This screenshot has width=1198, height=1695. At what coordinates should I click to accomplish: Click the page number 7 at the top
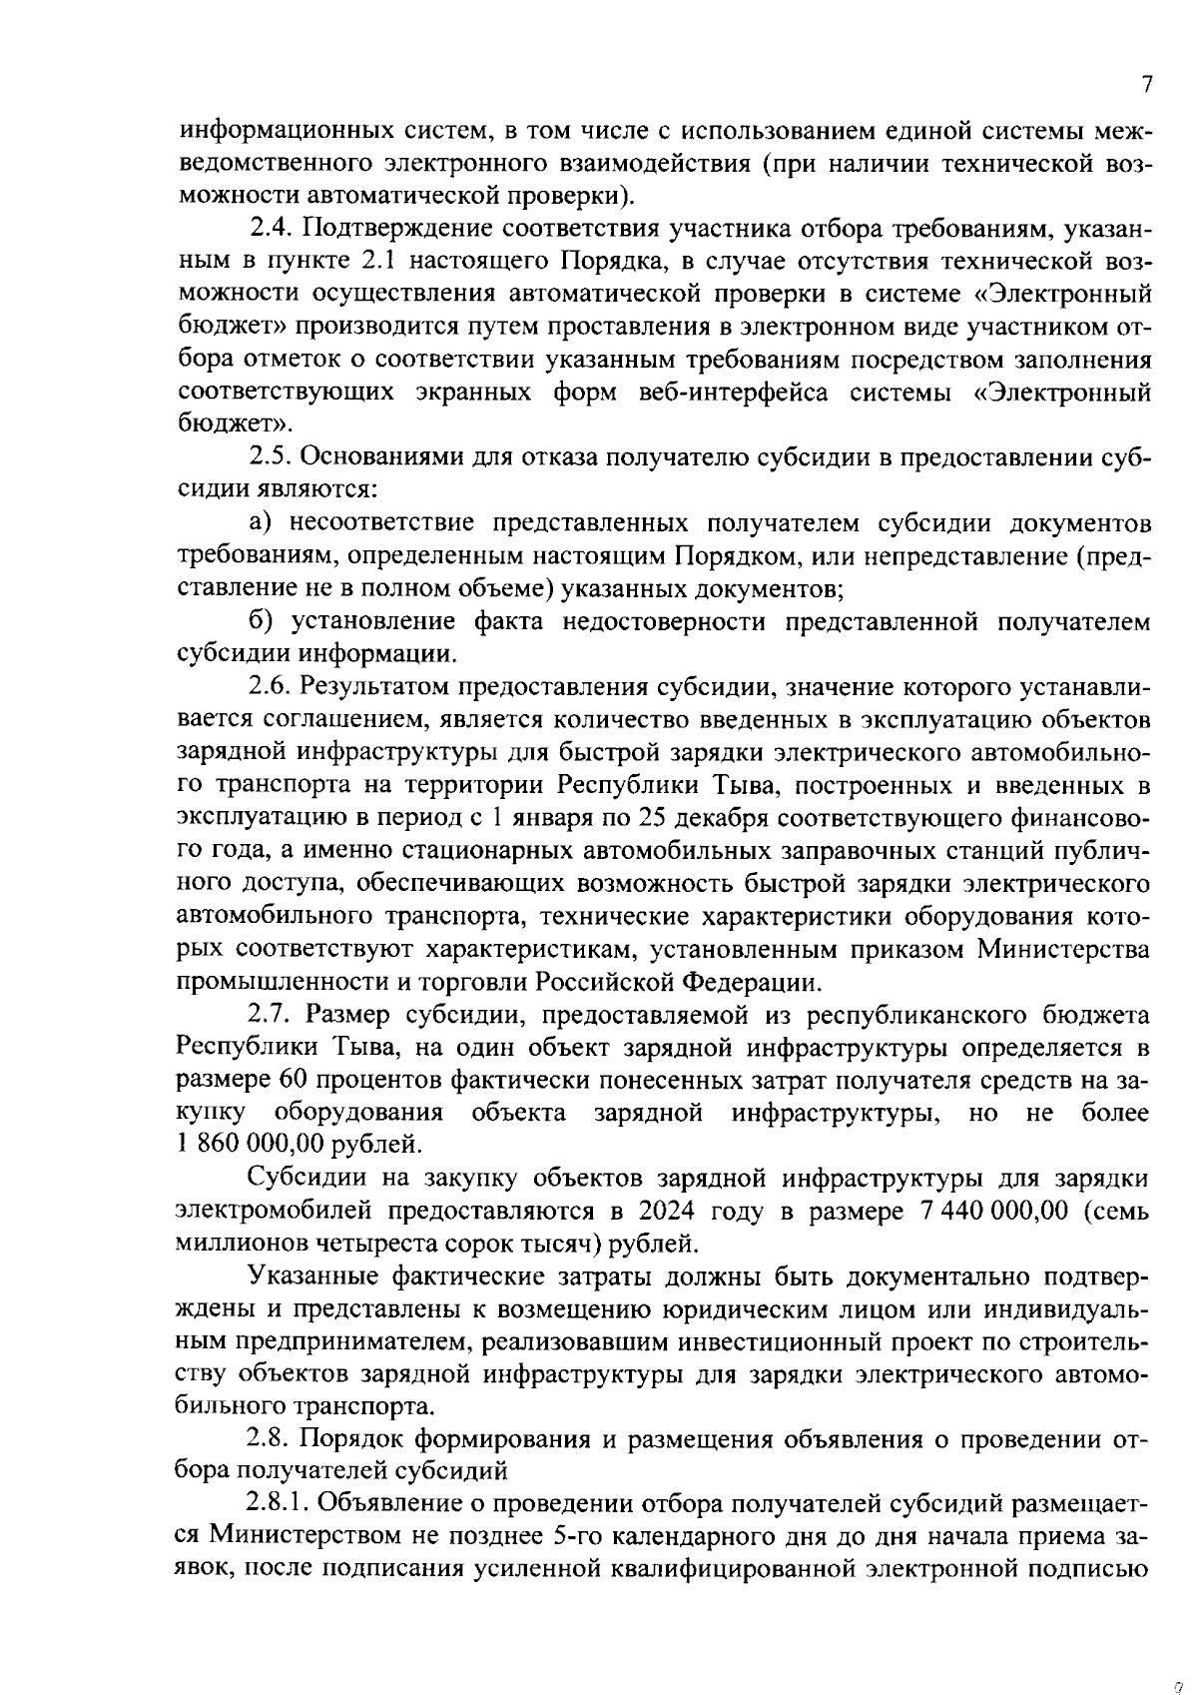tap(1148, 85)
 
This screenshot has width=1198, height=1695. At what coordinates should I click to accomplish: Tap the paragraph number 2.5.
tap(270, 456)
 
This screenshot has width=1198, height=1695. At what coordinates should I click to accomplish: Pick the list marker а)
tap(261, 523)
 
